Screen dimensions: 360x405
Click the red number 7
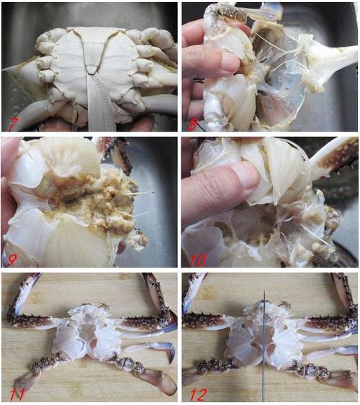12,124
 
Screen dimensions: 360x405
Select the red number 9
12,260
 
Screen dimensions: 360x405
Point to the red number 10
198,260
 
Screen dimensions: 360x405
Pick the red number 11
17,394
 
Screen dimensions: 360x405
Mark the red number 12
199,394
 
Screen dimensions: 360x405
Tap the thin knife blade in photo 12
264,346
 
